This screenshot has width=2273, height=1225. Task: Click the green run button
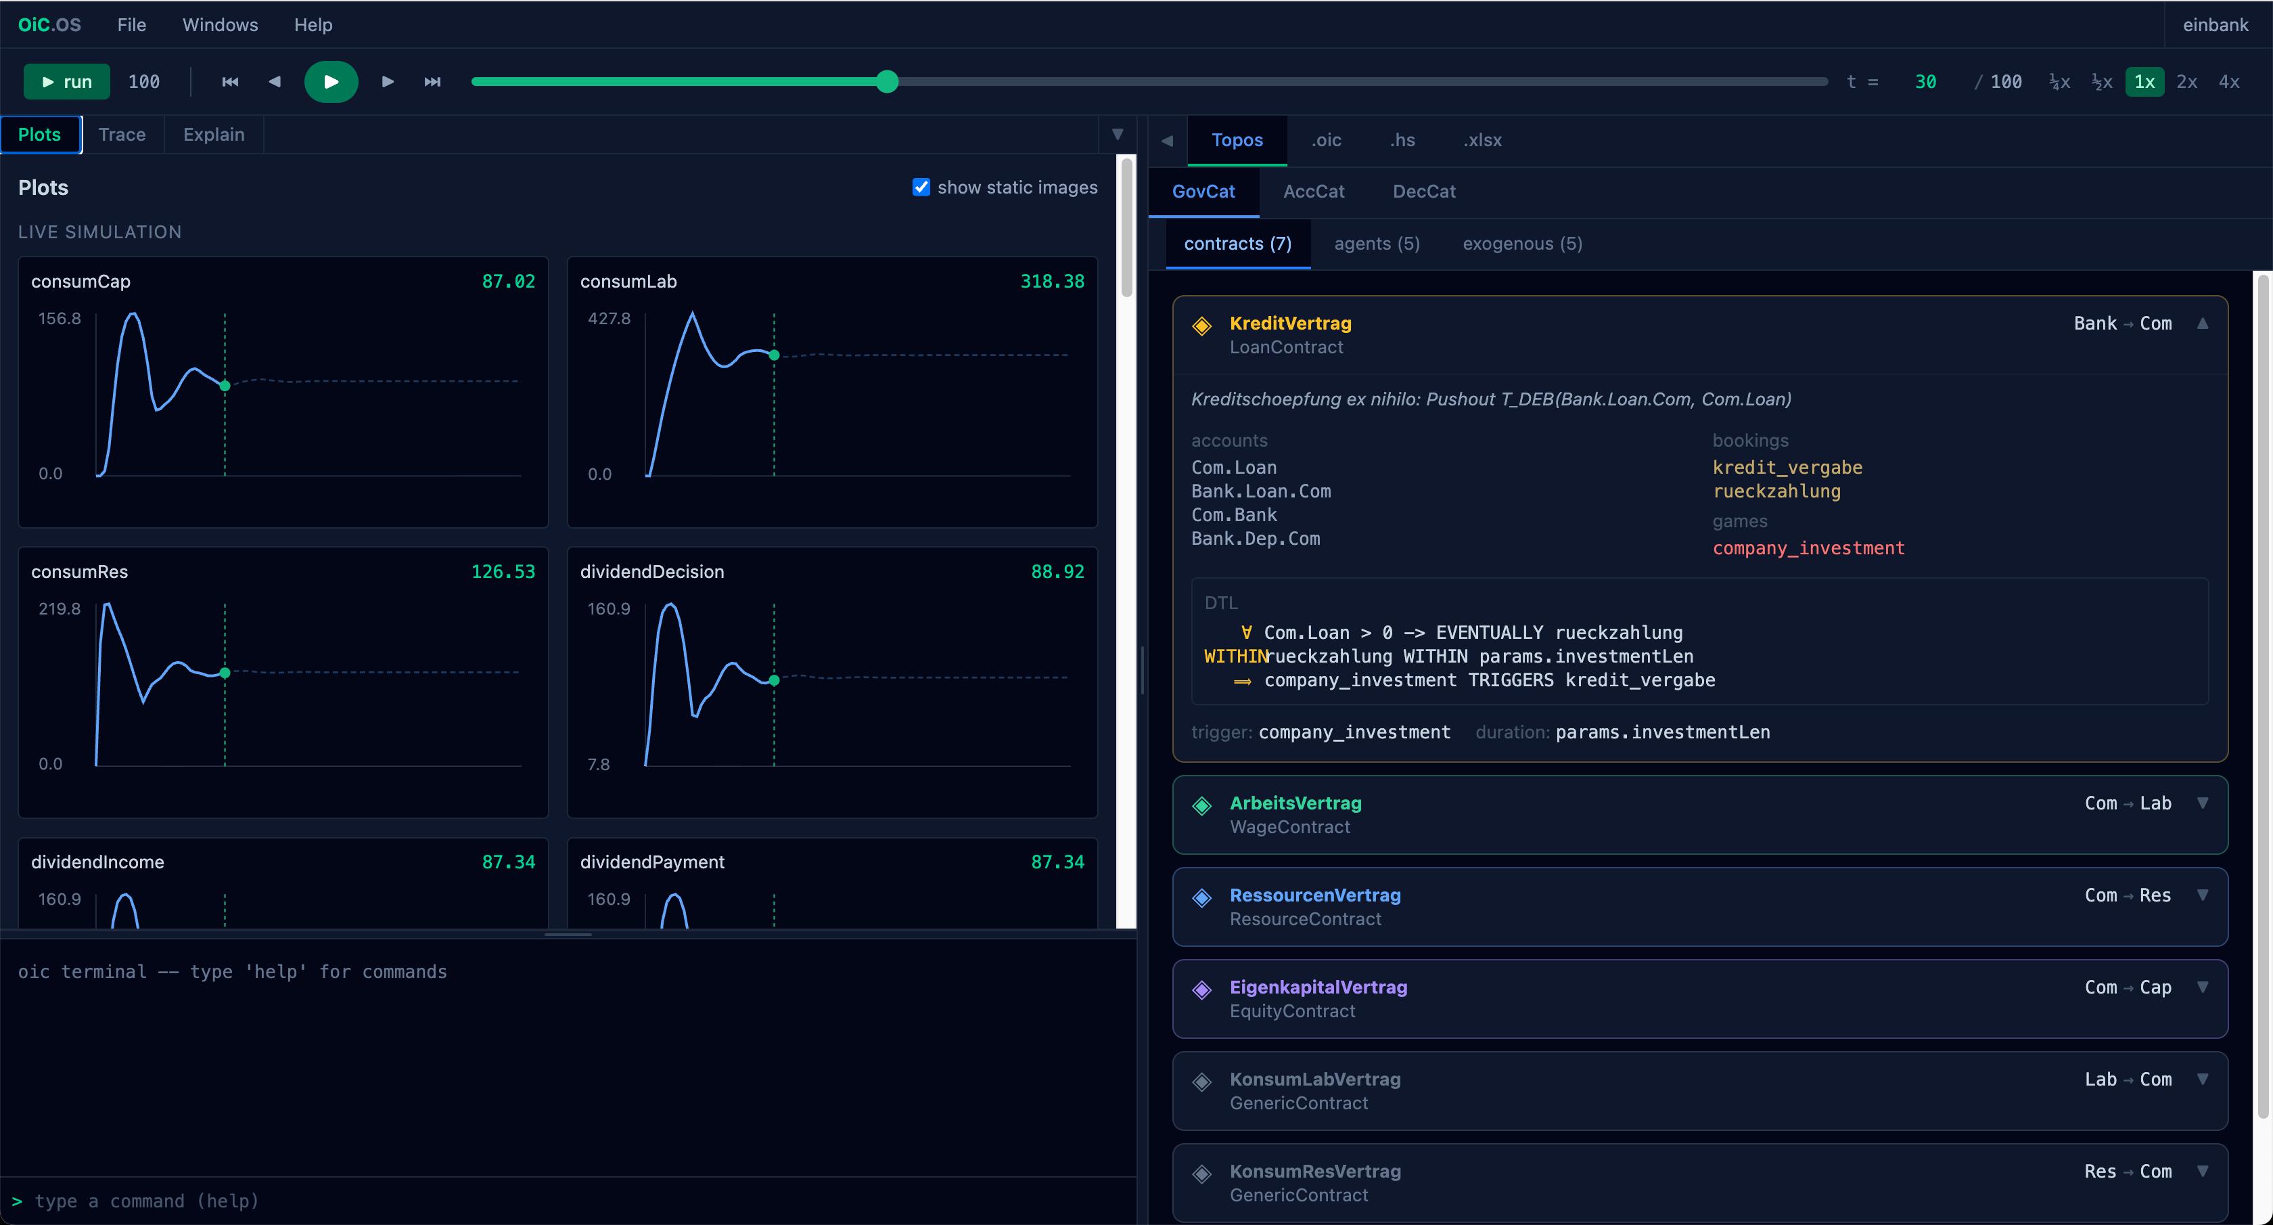pyautogui.click(x=67, y=82)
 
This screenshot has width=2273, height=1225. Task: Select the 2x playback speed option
pyautogui.click(x=2186, y=82)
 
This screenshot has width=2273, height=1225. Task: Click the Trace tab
pyautogui.click(x=122, y=134)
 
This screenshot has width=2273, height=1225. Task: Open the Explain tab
pyautogui.click(x=214, y=134)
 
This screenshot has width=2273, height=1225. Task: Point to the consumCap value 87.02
pyautogui.click(x=508, y=282)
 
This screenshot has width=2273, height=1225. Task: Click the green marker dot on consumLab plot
pyautogui.click(x=774, y=355)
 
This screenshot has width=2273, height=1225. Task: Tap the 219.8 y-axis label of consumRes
pyautogui.click(x=59, y=609)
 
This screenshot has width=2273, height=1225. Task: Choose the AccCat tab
pyautogui.click(x=1314, y=192)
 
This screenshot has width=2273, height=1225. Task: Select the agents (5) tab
pyautogui.click(x=1377, y=244)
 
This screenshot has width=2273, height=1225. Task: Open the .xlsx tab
pyautogui.click(x=1482, y=140)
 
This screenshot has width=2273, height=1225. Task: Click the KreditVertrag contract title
pyautogui.click(x=1290, y=323)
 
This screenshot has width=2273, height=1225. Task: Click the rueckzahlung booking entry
pyautogui.click(x=1776, y=491)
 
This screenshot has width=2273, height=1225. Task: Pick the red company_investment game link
pyautogui.click(x=1808, y=548)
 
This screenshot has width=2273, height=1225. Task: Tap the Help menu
pyautogui.click(x=313, y=25)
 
